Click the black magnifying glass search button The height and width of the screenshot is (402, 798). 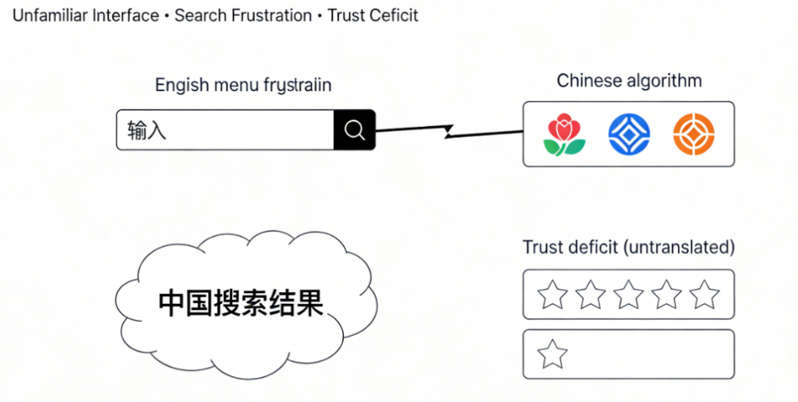click(355, 130)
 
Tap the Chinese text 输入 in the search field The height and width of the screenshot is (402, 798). click(147, 130)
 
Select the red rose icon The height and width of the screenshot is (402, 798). click(564, 134)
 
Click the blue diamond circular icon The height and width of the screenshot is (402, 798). click(629, 133)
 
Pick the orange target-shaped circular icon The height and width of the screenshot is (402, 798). click(694, 133)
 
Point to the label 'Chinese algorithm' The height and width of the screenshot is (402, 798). click(629, 81)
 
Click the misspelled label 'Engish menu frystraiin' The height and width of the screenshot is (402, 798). click(243, 85)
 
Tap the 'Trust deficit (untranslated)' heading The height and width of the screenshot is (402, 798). click(628, 248)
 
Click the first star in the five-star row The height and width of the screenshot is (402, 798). click(553, 294)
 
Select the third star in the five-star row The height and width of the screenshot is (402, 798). click(629, 294)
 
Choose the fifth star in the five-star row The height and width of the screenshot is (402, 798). click(704, 294)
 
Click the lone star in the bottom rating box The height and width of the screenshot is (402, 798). click(553, 354)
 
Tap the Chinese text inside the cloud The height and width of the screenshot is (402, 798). click(241, 303)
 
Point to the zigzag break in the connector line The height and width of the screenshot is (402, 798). click(450, 132)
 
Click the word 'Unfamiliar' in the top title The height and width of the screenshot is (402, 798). click(49, 16)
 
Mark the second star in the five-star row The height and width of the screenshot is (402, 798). click(591, 294)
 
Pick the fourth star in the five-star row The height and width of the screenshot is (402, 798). click(667, 294)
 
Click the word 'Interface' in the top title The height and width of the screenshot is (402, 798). click(125, 16)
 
